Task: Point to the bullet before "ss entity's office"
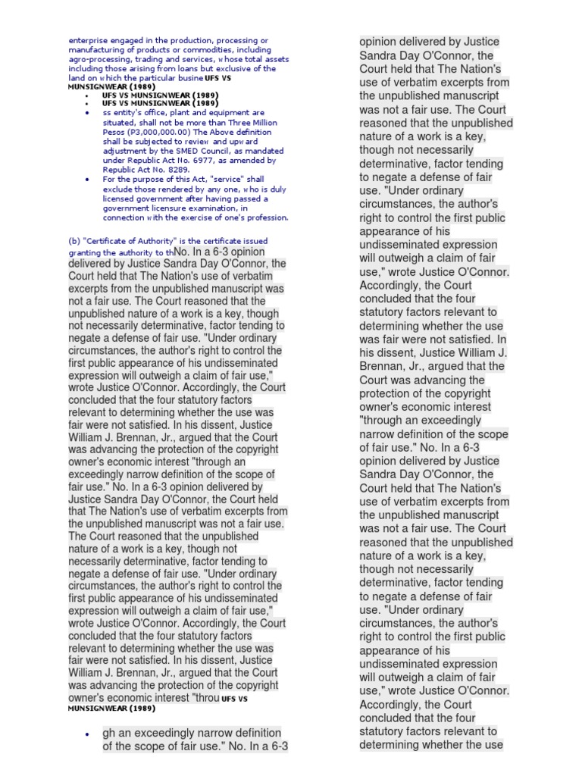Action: pyautogui.click(x=88, y=113)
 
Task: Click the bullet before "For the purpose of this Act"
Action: pyautogui.click(x=88, y=180)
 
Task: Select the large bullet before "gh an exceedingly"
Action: pyautogui.click(x=87, y=735)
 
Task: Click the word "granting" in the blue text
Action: pyautogui.click(x=85, y=252)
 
